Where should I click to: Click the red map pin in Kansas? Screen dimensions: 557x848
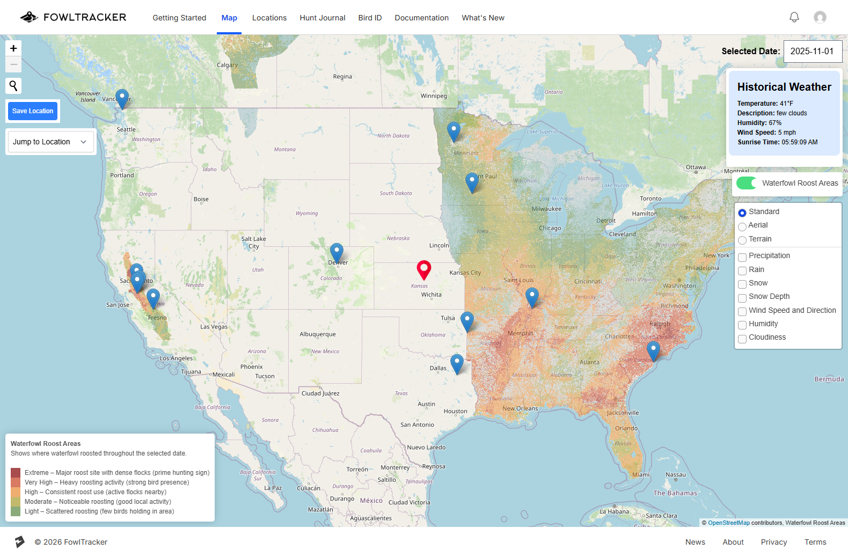(424, 268)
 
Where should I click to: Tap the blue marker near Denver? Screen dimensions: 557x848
(337, 251)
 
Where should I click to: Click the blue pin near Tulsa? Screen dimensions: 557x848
(467, 320)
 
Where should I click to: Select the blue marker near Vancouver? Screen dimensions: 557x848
(122, 97)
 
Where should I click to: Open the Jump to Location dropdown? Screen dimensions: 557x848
(50, 142)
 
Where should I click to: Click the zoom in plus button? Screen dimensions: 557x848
(13, 48)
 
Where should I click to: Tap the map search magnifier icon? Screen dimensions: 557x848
(13, 85)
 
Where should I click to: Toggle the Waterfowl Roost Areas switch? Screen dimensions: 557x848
(747, 183)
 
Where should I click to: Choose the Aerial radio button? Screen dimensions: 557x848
(742, 226)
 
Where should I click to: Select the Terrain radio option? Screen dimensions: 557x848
(742, 240)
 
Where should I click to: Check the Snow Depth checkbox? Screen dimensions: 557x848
(742, 298)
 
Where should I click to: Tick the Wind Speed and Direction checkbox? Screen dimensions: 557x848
(742, 311)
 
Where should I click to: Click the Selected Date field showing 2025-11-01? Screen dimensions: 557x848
(812, 52)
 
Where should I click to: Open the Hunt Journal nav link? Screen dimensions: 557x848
(323, 18)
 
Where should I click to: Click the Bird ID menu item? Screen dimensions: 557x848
(370, 18)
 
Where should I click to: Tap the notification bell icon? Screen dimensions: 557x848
(794, 17)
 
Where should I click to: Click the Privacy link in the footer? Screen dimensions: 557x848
(773, 542)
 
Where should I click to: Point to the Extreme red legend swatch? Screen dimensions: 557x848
(16, 473)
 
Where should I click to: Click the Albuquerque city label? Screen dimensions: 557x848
(318, 334)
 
